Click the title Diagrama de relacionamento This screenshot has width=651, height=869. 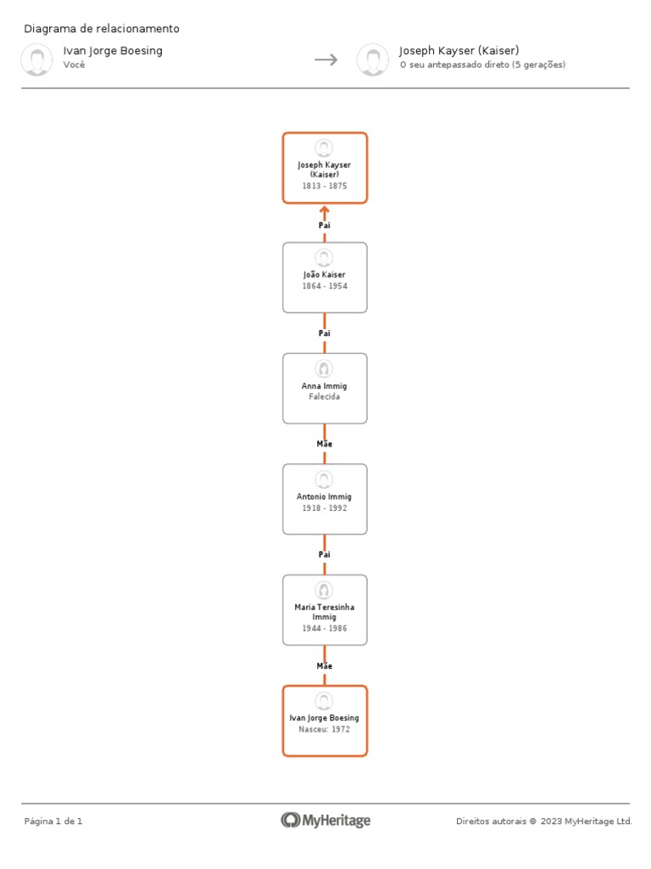pyautogui.click(x=102, y=29)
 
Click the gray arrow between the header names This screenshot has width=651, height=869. pyautogui.click(x=326, y=59)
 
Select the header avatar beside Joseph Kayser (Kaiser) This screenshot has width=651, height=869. pyautogui.click(x=372, y=59)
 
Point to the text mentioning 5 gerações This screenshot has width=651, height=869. pyautogui.click(x=482, y=64)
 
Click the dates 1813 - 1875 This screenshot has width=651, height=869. pyautogui.click(x=325, y=186)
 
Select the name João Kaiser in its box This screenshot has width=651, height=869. pyautogui.click(x=325, y=275)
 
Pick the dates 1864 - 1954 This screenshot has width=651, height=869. pyautogui.click(x=325, y=286)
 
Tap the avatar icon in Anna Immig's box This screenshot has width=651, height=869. pyautogui.click(x=324, y=368)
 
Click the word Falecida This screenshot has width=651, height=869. pyautogui.click(x=325, y=396)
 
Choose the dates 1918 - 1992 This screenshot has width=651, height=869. pyautogui.click(x=325, y=508)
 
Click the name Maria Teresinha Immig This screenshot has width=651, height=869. pyautogui.click(x=325, y=612)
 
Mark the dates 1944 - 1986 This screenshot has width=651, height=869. pyautogui.click(x=325, y=629)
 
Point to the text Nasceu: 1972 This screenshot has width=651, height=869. pyautogui.click(x=325, y=729)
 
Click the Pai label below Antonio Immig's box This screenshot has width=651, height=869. pyautogui.click(x=325, y=554)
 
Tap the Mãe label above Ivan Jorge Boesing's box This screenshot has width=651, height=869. pyautogui.click(x=325, y=666)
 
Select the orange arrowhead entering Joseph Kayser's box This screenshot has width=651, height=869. pyautogui.click(x=325, y=209)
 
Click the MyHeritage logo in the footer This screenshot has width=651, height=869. pyautogui.click(x=325, y=821)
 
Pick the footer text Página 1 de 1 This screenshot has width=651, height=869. pyautogui.click(x=53, y=821)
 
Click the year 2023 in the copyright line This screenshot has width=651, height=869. pyautogui.click(x=551, y=821)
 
